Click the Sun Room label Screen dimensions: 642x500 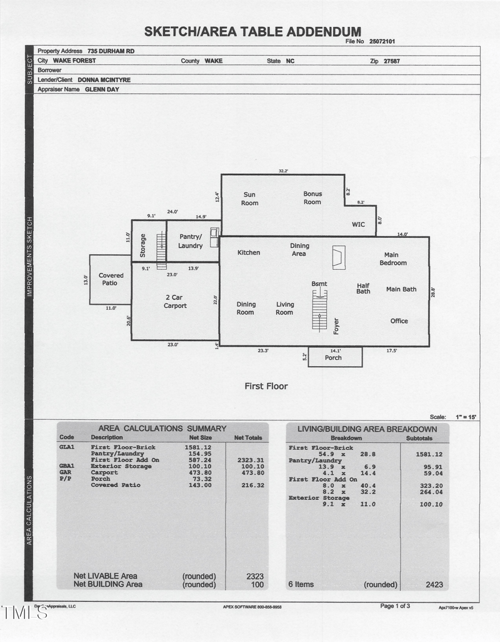(x=249, y=198)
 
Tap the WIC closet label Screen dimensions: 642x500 (x=358, y=225)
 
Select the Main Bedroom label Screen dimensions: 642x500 (x=392, y=259)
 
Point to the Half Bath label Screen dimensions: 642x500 (x=363, y=288)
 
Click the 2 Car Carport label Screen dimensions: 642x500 (x=175, y=302)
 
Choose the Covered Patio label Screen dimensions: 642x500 (x=111, y=279)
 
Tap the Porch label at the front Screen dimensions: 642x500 (x=333, y=358)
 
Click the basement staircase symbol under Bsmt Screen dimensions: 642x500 (x=319, y=312)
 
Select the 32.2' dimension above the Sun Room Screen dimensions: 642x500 (x=283, y=171)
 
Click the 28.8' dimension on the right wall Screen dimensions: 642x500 (x=432, y=292)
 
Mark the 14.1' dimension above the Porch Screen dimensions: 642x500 (x=335, y=350)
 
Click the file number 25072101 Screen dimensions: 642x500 (x=382, y=41)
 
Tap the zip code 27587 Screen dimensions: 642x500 (x=392, y=61)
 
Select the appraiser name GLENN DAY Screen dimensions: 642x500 (x=102, y=89)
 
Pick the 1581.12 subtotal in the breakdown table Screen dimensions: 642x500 (x=429, y=454)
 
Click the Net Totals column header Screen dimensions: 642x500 (x=247, y=437)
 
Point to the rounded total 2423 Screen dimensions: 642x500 (x=434, y=584)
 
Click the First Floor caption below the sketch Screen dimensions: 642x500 (x=266, y=386)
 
